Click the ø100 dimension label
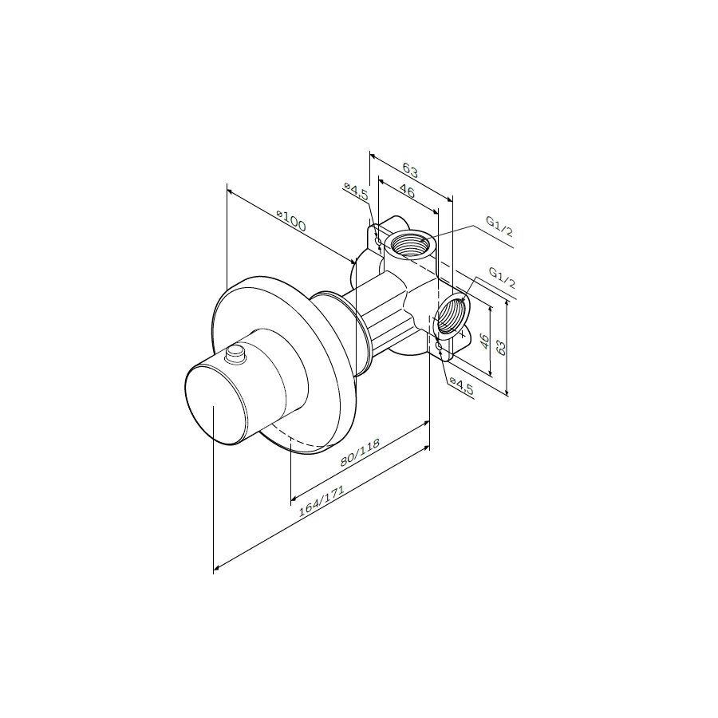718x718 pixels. (x=291, y=221)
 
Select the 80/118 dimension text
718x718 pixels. (x=360, y=452)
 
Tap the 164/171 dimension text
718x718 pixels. (x=321, y=502)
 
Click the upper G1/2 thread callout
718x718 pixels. (x=499, y=227)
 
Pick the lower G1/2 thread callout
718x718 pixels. (x=502, y=278)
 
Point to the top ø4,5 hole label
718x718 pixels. (x=357, y=191)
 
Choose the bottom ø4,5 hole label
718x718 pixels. (x=461, y=385)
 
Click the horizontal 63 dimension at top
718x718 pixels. (x=410, y=171)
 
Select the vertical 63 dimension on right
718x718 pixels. (x=502, y=348)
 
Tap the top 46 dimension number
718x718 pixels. (x=407, y=191)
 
